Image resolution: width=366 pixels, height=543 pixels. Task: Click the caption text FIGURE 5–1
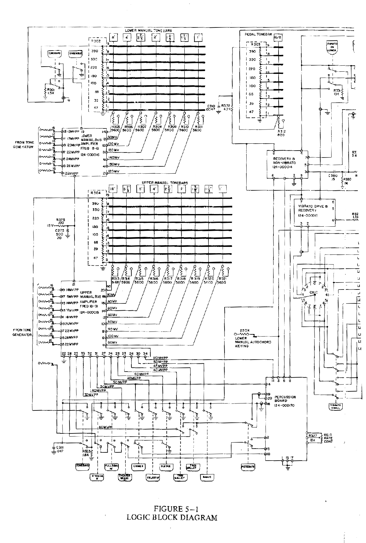tap(172, 509)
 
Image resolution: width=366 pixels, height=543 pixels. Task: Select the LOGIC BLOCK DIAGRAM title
tap(172, 517)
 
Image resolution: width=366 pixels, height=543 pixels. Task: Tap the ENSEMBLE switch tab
tap(75, 54)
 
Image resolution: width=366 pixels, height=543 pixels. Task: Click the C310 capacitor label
tap(211, 107)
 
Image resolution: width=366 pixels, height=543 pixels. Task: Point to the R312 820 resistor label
tap(281, 133)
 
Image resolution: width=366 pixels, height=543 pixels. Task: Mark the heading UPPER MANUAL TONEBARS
tap(165, 183)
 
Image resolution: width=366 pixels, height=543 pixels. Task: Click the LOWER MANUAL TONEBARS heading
tap(148, 30)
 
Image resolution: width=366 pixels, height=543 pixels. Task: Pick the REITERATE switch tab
tap(248, 466)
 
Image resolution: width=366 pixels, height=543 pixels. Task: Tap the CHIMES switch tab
tap(138, 466)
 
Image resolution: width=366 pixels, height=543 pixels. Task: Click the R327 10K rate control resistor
tap(313, 438)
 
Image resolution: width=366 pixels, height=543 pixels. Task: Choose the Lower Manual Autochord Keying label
tap(253, 342)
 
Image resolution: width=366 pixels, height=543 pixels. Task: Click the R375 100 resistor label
tap(60, 221)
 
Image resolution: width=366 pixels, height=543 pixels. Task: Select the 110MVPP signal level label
tap(160, 358)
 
